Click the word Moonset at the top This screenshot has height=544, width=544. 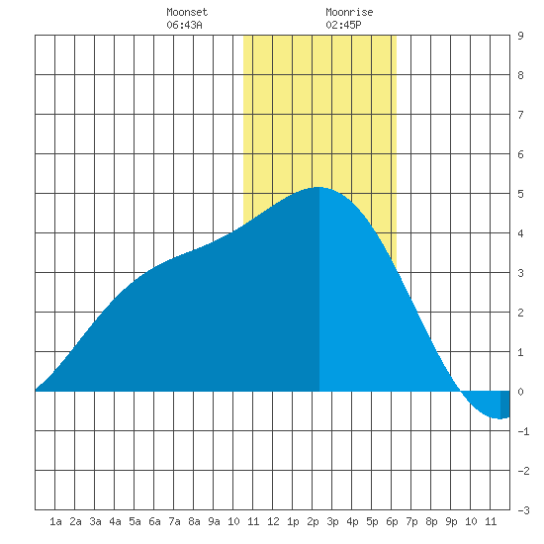pyautogui.click(x=187, y=12)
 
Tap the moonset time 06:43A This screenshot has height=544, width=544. pyautogui.click(x=184, y=25)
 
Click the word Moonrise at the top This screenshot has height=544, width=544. pyautogui.click(x=349, y=12)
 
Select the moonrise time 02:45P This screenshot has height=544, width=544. pyautogui.click(x=343, y=25)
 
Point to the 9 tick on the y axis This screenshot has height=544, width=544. pyautogui.click(x=520, y=36)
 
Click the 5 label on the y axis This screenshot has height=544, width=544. pyautogui.click(x=520, y=194)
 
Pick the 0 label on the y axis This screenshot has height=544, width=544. pyautogui.click(x=520, y=392)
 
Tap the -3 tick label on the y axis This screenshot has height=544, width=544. pyautogui.click(x=523, y=510)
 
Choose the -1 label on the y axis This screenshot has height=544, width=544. pyautogui.click(x=523, y=431)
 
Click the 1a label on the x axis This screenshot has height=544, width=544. pyautogui.click(x=55, y=521)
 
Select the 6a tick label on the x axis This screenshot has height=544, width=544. pyautogui.click(x=154, y=521)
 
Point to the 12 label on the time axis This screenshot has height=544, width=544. pyautogui.click(x=273, y=521)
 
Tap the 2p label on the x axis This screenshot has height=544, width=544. pyautogui.click(x=313, y=521)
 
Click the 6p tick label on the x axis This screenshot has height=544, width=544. pyautogui.click(x=392, y=521)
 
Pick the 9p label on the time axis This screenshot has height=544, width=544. pyautogui.click(x=451, y=521)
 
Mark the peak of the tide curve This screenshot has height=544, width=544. pyautogui.click(x=318, y=187)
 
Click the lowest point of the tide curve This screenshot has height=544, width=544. pyautogui.click(x=499, y=418)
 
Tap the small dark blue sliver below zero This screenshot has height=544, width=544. pyautogui.click(x=505, y=405)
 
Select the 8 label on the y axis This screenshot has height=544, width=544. pyautogui.click(x=520, y=75)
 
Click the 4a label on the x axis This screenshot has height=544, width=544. pyautogui.click(x=115, y=521)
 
